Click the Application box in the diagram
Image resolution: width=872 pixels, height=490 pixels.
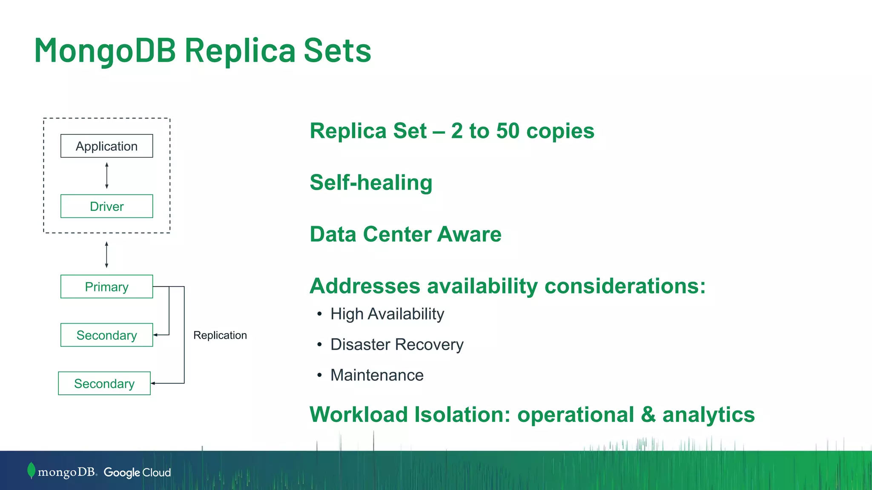coord(106,146)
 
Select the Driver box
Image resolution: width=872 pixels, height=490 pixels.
coord(106,206)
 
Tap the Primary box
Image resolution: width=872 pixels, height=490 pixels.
coord(106,287)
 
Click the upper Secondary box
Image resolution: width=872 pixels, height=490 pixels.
coord(106,335)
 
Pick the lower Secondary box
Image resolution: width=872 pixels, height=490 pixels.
coord(104,384)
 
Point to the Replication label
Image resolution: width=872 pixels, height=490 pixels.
coord(220,335)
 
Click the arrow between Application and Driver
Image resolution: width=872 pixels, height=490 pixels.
coord(107,176)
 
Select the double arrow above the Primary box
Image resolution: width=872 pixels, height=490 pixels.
coord(106,255)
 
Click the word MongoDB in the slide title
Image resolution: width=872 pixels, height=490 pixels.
coord(105,50)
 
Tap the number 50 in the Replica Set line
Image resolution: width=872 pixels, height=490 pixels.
coord(508,131)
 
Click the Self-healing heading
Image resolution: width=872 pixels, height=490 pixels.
coord(371,182)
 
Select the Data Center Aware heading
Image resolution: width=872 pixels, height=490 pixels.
coord(405,234)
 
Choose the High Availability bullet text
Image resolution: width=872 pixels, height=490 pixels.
coord(387,314)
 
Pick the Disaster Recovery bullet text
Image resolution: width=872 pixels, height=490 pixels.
coord(397,345)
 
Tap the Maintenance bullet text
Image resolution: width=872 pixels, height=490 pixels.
coord(377,375)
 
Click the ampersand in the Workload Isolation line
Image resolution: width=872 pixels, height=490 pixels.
coord(648,415)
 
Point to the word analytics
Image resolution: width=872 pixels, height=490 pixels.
coord(708,415)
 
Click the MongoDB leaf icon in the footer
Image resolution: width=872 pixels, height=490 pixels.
coord(31,470)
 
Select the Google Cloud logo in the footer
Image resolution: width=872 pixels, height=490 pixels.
coord(137,473)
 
